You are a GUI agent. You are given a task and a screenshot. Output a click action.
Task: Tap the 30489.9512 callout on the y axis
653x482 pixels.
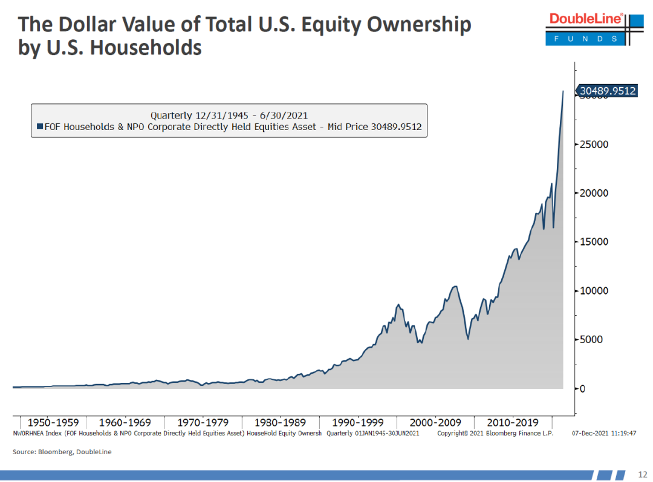point(608,91)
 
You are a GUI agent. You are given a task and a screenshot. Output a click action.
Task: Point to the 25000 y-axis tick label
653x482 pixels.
point(595,145)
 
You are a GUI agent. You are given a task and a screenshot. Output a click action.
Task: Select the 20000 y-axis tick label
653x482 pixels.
point(595,194)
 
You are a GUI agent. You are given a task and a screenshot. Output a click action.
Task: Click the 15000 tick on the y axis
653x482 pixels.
point(595,242)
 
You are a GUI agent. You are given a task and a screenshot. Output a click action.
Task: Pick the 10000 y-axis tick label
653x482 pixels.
point(595,291)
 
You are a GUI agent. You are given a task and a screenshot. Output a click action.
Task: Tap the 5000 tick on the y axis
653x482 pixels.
point(593,339)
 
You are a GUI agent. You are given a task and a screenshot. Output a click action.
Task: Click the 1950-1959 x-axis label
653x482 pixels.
point(53,423)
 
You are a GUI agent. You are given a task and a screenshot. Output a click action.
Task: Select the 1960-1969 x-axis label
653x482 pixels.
point(125,423)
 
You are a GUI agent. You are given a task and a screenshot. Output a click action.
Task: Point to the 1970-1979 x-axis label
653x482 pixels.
point(203,423)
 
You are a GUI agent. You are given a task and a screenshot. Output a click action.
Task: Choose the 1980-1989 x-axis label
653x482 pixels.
point(281,423)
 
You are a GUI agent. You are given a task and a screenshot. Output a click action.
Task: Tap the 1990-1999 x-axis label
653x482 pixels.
point(359,423)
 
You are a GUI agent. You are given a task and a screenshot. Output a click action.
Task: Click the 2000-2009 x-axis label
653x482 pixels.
point(436,423)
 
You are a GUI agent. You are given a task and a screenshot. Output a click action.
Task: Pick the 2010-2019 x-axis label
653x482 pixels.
point(513,423)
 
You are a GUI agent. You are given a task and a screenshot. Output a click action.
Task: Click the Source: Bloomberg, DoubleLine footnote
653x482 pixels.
point(62,452)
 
